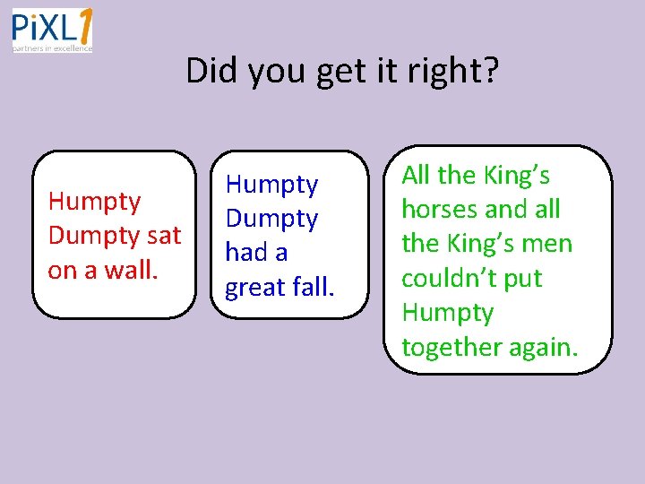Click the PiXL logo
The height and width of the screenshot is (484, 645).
point(52,30)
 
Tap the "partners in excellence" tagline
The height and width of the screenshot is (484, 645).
point(52,48)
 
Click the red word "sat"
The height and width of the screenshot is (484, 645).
point(163,235)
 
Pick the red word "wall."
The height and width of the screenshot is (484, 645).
point(131,269)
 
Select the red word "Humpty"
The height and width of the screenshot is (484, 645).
point(94,203)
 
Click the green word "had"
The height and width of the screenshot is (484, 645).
point(244,253)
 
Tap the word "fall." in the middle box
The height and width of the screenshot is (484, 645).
point(313,287)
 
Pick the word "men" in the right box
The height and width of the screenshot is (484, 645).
point(548,244)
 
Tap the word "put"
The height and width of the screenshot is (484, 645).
point(524,279)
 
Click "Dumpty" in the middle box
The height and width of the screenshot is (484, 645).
point(271,219)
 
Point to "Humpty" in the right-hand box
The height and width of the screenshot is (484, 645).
point(447,314)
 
